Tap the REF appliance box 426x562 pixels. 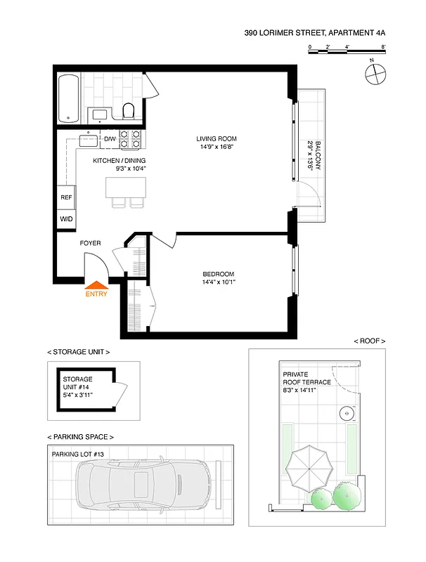67,198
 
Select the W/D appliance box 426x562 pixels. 67,219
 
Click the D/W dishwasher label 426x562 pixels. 110,140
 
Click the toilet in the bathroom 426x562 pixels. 128,110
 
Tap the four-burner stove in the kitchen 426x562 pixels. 129,139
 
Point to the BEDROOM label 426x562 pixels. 219,274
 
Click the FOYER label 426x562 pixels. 90,243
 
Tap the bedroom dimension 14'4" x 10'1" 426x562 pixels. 219,283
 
